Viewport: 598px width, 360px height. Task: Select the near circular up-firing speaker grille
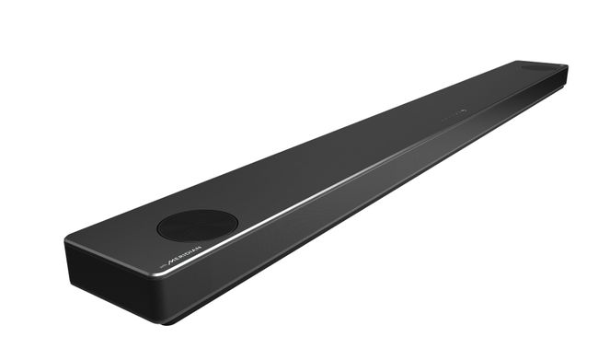point(197,224)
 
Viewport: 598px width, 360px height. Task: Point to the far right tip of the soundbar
point(567,74)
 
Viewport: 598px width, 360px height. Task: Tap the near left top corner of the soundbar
point(67,241)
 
